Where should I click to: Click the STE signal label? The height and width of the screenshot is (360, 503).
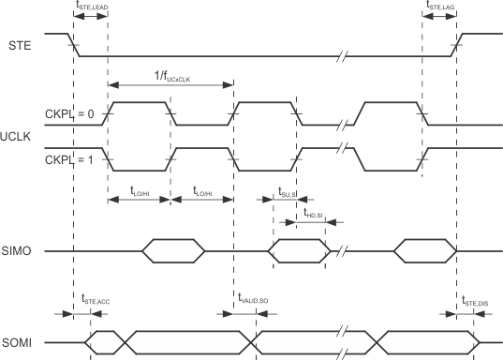click(x=18, y=44)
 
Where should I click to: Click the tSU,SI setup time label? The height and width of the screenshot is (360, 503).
click(x=287, y=193)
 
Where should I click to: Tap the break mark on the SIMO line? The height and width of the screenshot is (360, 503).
click(x=343, y=251)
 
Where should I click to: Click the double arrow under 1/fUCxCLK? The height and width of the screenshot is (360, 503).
click(x=171, y=85)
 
